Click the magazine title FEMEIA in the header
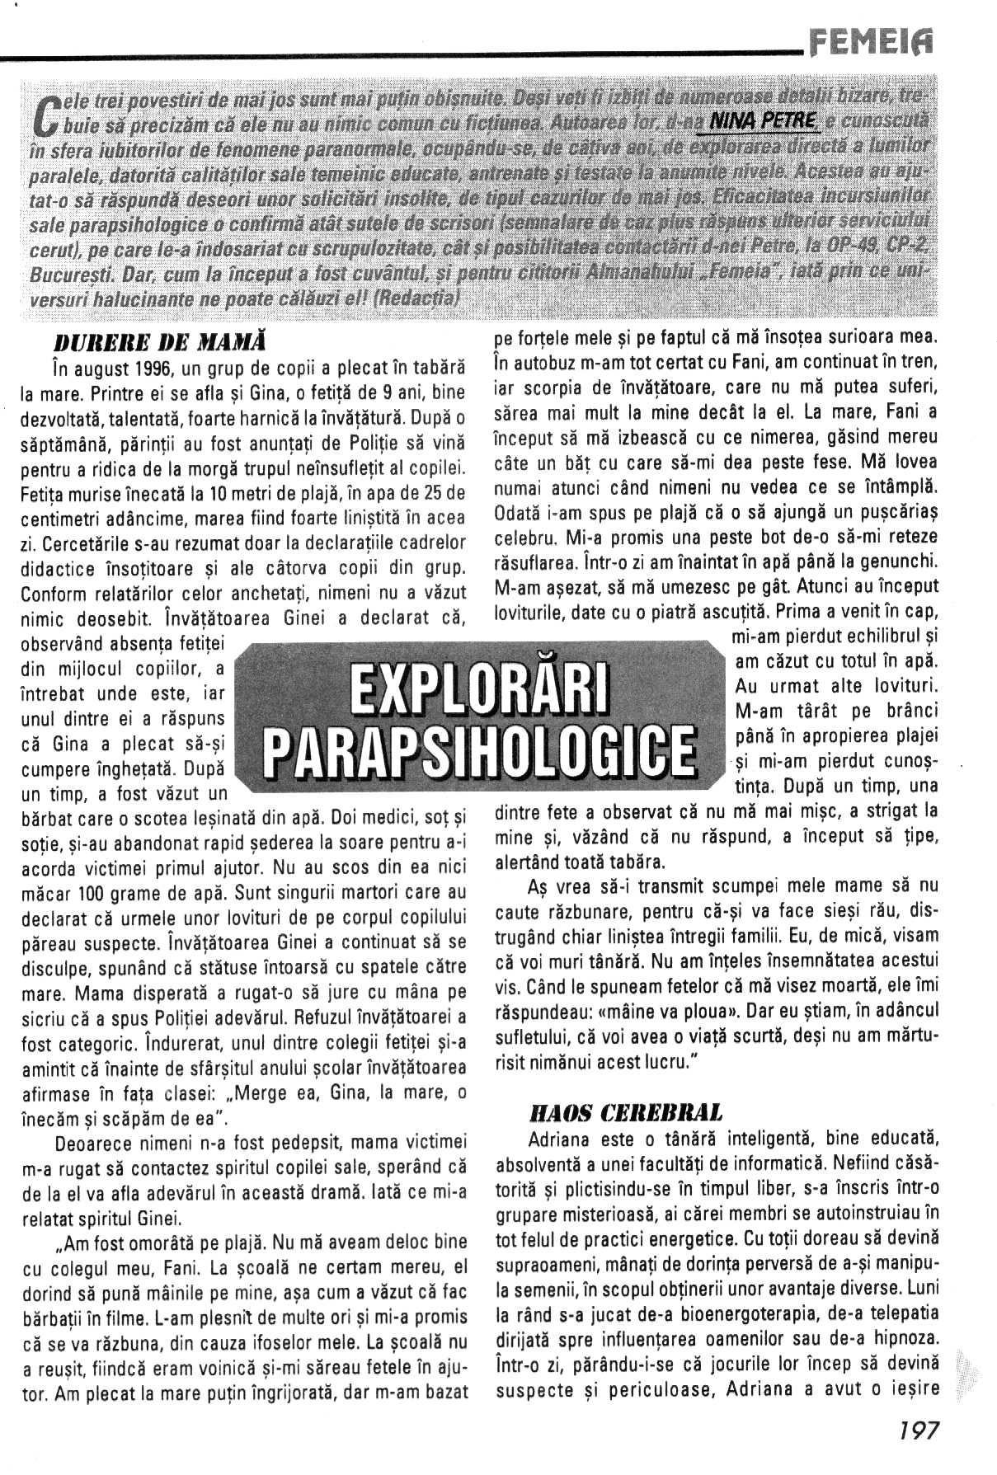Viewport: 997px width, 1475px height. (x=872, y=37)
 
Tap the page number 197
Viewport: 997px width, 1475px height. (x=918, y=1429)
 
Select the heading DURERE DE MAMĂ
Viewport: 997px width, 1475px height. (x=163, y=341)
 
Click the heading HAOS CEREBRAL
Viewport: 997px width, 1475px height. (x=625, y=1114)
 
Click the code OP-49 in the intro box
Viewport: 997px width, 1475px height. (x=849, y=247)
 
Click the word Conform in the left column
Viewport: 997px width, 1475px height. (x=49, y=594)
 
